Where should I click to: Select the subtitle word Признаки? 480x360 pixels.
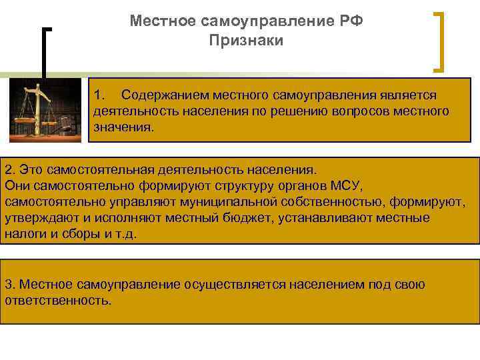point(246,41)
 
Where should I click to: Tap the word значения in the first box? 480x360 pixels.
point(123,126)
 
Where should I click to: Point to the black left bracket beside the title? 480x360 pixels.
point(45,53)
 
